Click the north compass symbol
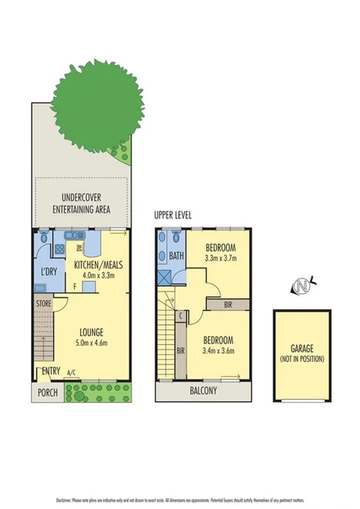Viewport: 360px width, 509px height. click(x=302, y=287)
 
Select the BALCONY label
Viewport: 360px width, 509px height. click(x=204, y=391)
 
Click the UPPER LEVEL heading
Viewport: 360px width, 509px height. click(x=173, y=214)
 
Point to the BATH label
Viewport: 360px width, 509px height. click(x=177, y=256)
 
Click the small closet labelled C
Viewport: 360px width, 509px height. click(x=180, y=315)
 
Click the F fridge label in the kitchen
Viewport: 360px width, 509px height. click(x=74, y=285)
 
